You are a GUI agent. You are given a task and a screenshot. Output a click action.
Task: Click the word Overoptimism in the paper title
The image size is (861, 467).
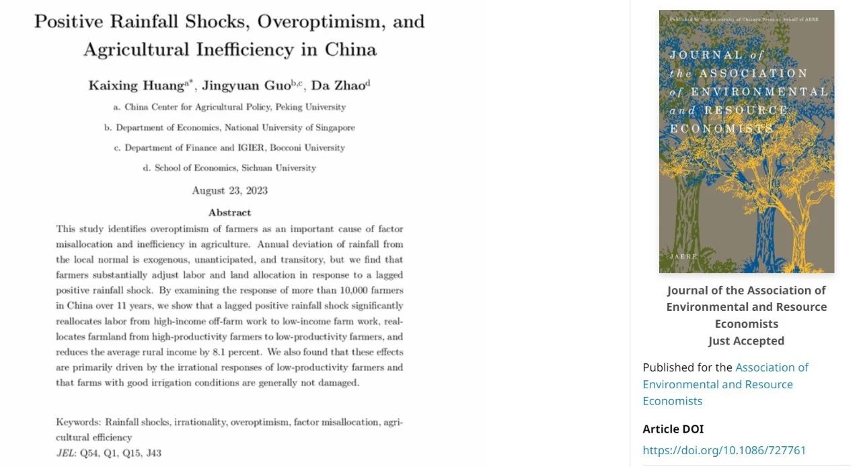[311, 22]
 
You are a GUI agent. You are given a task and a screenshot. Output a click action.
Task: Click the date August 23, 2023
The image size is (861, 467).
[229, 190]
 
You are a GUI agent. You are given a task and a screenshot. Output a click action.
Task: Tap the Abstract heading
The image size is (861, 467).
[229, 212]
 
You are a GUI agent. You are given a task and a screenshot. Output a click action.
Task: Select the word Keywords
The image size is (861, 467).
[78, 422]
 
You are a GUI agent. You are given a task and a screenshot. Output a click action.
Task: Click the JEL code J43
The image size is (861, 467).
[153, 453]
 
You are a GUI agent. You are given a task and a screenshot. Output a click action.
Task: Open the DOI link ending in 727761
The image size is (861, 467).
[724, 450]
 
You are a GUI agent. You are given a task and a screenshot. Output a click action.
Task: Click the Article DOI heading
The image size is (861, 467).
[673, 429]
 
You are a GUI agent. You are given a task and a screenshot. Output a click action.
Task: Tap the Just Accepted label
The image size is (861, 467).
[746, 340]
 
